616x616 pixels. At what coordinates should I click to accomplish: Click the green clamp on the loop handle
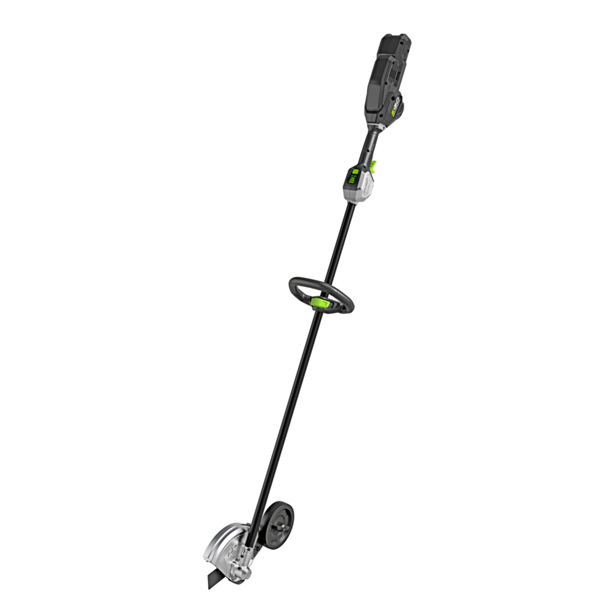pos(320,302)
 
